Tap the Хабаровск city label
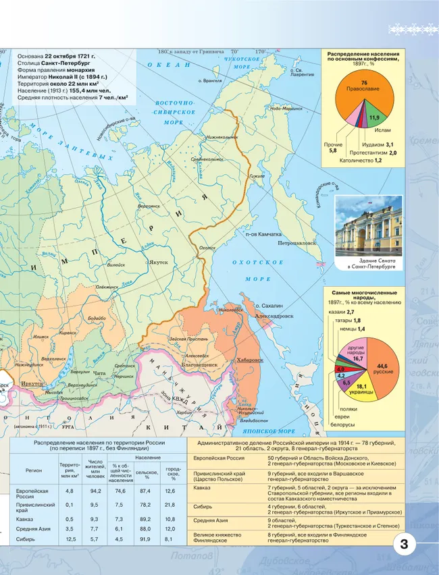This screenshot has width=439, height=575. [x=251, y=360]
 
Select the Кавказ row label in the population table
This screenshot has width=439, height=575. [x=24, y=519]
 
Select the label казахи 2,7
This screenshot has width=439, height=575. [x=341, y=312]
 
